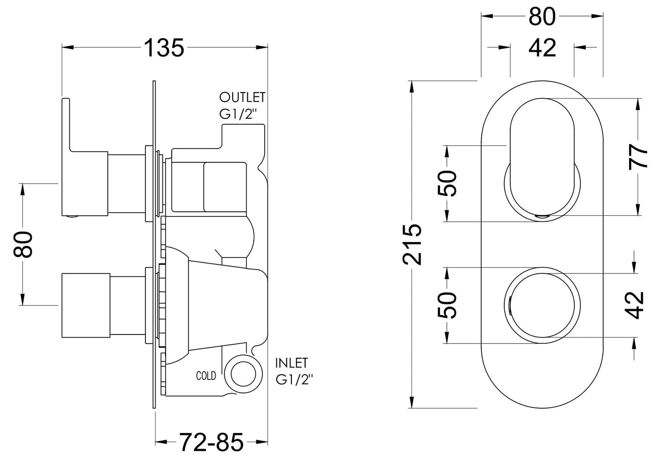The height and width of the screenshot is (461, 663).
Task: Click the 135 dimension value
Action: (164, 48)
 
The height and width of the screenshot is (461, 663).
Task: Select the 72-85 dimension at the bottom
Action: (211, 443)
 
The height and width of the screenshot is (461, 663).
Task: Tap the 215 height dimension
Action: (412, 244)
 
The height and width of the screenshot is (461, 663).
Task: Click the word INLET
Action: (291, 363)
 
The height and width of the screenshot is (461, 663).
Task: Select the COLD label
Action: (206, 376)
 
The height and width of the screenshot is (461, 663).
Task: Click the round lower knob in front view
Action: (542, 304)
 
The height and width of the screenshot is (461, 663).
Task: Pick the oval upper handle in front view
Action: (542, 156)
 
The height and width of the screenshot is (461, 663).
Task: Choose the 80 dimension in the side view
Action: (24, 244)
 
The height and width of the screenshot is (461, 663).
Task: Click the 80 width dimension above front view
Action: (542, 17)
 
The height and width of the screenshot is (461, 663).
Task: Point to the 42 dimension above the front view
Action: (542, 48)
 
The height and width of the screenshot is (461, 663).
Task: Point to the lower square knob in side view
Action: (85, 306)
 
